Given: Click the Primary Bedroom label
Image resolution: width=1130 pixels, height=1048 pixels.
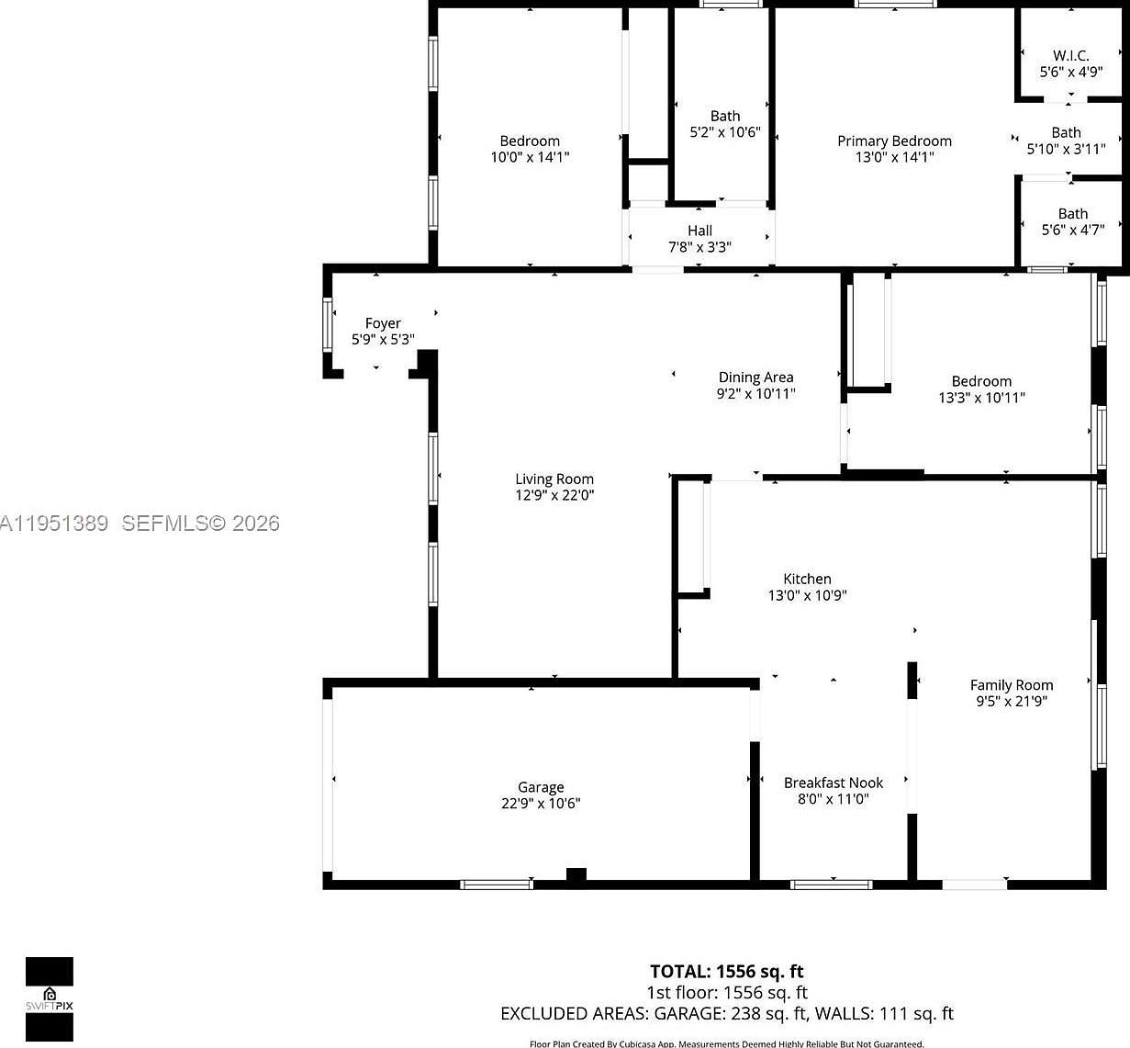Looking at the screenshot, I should pos(894,141).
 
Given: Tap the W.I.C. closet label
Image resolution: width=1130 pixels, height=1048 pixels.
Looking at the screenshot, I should pos(1070,55).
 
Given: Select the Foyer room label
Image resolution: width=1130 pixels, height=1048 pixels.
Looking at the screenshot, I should pos(383,323).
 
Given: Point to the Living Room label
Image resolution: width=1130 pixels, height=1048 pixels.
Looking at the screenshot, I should pos(554,479).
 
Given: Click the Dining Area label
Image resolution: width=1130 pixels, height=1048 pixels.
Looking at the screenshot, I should pos(755,377).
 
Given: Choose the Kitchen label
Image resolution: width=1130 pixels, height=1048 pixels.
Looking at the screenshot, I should pos(807,579).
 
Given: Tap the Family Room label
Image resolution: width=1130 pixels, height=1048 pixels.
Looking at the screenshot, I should pos(1012,684).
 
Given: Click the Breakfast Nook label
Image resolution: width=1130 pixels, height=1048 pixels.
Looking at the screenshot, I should pos(834,783).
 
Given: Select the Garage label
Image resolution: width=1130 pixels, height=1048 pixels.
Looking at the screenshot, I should pos(541,787).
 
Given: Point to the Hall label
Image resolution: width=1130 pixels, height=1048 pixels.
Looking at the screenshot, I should pos(699,231).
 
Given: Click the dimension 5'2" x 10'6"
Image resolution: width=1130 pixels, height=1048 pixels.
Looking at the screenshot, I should pos(725,132).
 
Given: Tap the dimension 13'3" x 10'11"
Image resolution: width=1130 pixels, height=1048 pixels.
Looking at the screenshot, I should pos(981,398).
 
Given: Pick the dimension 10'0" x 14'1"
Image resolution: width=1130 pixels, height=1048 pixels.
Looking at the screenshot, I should pos(530,157).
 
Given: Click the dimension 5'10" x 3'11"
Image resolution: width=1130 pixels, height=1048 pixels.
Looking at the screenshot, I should pos(1066,149).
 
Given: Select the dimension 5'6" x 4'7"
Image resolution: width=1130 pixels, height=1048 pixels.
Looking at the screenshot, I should pos(1072,230).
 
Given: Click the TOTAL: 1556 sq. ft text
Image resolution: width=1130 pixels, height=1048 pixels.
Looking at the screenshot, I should pos(726,971).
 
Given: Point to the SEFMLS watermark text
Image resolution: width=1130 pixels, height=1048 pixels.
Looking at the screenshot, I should pos(200,524).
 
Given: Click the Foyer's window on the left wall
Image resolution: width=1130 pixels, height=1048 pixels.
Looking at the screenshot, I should pos(328,324).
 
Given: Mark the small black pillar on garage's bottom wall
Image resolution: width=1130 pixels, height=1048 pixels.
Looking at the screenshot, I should pos(576,876).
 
